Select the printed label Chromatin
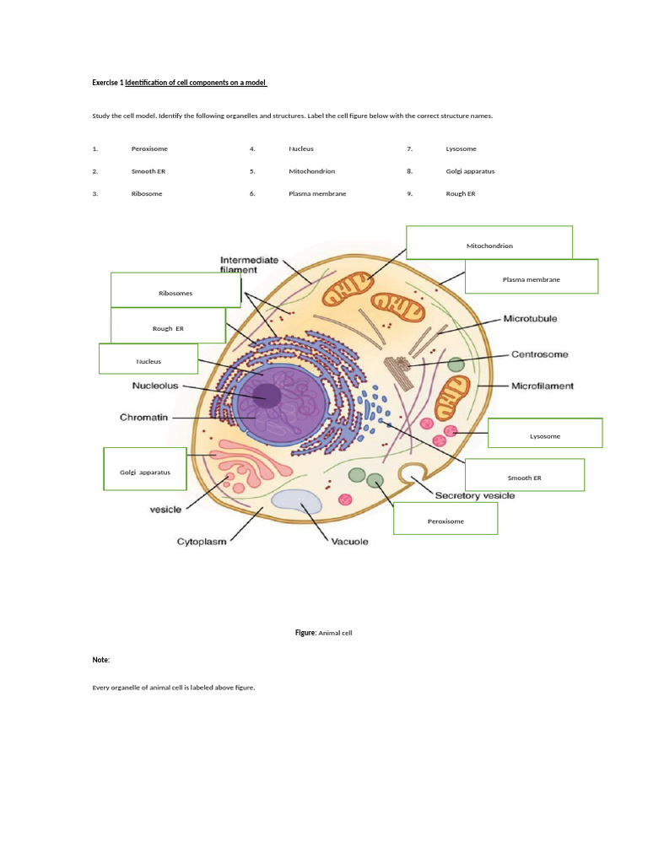point(148,417)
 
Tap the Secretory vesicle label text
point(474,495)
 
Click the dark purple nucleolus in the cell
point(269,394)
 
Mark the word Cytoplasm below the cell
point(201,542)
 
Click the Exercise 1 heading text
point(180,83)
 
